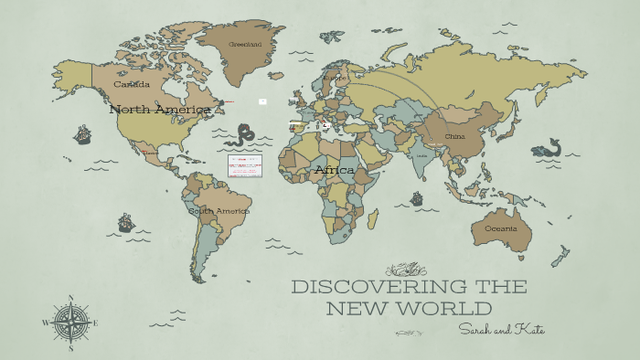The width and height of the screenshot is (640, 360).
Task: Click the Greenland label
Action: click(x=245, y=44)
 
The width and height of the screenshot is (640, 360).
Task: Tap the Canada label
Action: click(x=132, y=84)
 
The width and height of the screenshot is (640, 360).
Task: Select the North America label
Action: click(x=161, y=110)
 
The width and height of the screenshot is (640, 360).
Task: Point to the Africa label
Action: click(x=334, y=170)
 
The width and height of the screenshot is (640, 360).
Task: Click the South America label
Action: click(x=219, y=211)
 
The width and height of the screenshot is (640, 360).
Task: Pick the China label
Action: click(x=454, y=136)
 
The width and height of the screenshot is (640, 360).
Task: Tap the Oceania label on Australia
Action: click(x=500, y=228)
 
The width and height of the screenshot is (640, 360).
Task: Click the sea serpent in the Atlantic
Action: click(x=243, y=135)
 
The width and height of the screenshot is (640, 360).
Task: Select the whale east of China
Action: click(x=549, y=147)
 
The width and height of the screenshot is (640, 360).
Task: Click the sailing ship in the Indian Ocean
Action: click(x=417, y=198)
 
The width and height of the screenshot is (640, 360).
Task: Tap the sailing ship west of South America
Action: click(x=126, y=222)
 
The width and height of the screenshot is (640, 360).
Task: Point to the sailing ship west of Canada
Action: click(x=82, y=134)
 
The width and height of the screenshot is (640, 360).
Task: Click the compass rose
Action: click(x=70, y=323)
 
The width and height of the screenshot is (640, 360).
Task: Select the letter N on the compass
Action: click(x=70, y=298)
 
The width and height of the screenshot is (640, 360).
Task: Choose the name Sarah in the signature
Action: click(x=478, y=329)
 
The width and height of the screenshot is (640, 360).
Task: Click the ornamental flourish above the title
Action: click(x=407, y=269)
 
